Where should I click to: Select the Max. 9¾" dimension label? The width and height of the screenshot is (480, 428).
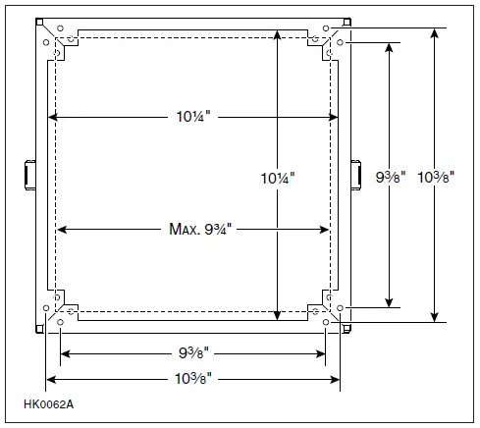tap(193, 230)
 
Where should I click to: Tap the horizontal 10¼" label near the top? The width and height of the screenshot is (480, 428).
tap(192, 117)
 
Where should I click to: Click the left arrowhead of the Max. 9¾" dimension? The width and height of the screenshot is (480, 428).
tap(61, 230)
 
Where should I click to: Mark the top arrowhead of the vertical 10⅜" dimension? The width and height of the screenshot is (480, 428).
tap(434, 32)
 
